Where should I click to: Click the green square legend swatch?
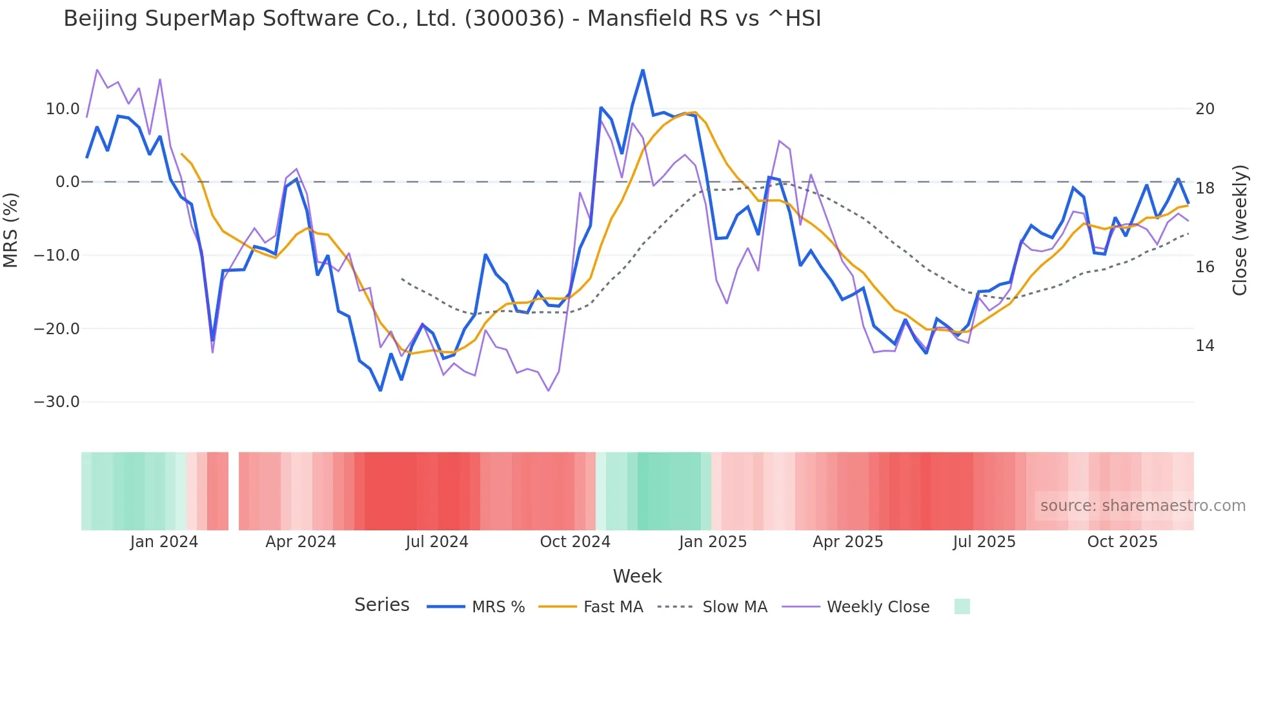click(x=962, y=606)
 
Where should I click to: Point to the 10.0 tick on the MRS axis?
click(x=62, y=109)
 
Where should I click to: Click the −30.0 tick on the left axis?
click(x=57, y=402)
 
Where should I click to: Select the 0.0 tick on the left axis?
click(x=67, y=182)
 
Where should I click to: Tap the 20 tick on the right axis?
click(x=1204, y=109)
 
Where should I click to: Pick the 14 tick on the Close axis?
click(x=1204, y=346)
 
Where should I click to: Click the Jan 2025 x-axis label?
click(x=713, y=542)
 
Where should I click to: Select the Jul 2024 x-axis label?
click(x=437, y=542)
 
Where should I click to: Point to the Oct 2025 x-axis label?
click(x=1122, y=542)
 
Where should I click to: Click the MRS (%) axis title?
click(x=11, y=230)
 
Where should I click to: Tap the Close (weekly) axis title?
click(x=1240, y=230)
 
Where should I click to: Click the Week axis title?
click(x=637, y=576)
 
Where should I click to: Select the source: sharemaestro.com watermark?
click(x=1142, y=506)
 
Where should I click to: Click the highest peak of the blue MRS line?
click(x=643, y=70)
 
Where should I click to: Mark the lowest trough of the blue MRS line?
click(x=380, y=390)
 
